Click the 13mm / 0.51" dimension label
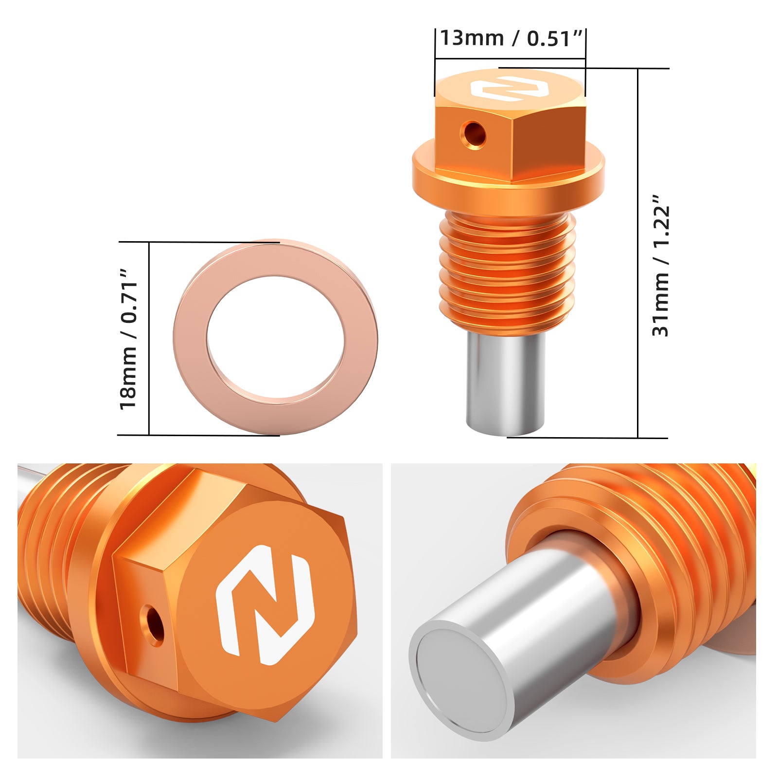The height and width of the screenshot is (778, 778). tap(511, 38)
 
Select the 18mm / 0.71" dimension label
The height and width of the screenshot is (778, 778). tap(129, 338)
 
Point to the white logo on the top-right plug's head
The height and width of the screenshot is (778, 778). tap(509, 88)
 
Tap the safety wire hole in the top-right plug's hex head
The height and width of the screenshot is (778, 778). tap(474, 134)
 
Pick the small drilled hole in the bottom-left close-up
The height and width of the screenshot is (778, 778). tap(153, 624)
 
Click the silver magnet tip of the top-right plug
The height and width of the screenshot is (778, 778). tap(506, 384)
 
